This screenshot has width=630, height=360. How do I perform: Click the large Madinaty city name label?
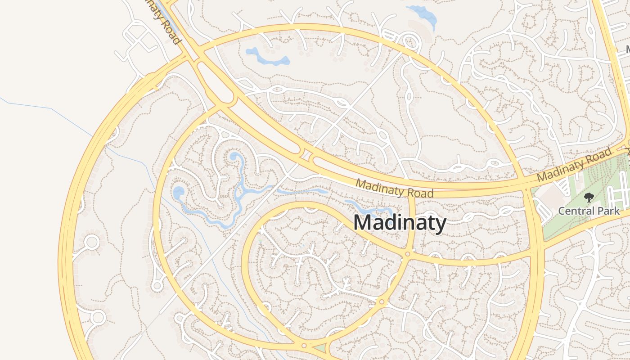pos(400,223)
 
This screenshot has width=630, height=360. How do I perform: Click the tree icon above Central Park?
pos(588,197)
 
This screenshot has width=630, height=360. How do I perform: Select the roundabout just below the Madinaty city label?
pos(407,254)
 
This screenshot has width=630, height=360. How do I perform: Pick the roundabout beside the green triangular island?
pos(304,346)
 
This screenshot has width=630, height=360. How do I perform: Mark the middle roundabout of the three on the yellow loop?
pos(382,302)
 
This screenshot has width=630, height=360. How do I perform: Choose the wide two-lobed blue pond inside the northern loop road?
pos(267,57)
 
